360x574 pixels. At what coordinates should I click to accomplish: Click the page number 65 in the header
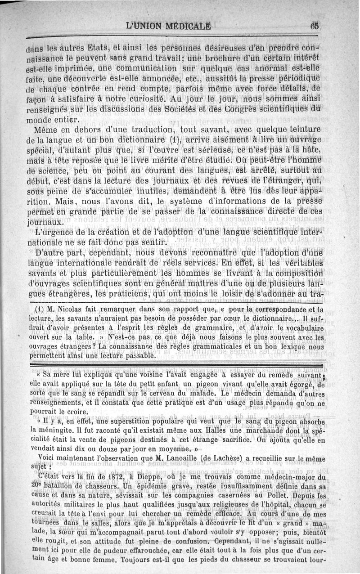(x=314, y=26)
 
